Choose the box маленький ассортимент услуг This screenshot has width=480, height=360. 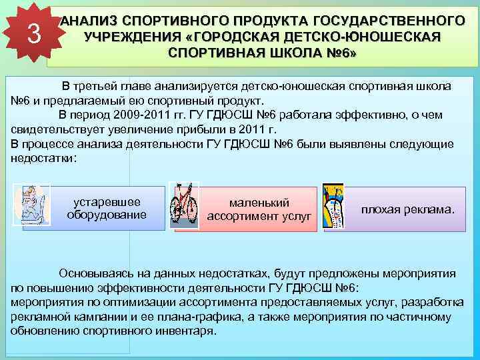point(259,209)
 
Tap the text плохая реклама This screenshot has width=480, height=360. point(407,209)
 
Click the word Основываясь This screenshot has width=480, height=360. point(98,273)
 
